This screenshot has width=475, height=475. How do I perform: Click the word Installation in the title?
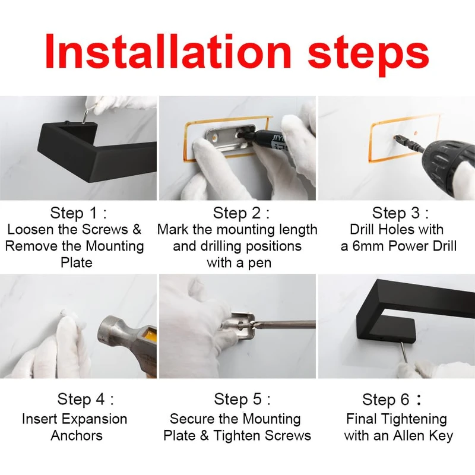pyautogui.click(x=169, y=51)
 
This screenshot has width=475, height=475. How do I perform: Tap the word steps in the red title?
pyautogui.click(x=368, y=55)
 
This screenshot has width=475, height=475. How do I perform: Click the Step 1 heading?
pyautogui.click(x=78, y=213)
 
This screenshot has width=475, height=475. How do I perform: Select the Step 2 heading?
pyautogui.click(x=241, y=213)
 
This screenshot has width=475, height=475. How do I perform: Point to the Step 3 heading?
pyautogui.click(x=400, y=213)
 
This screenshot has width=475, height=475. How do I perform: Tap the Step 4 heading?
pyautogui.click(x=85, y=399)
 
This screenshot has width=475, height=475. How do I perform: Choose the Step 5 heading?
pyautogui.click(x=242, y=399)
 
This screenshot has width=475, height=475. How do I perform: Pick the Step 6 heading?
pyautogui.click(x=392, y=399)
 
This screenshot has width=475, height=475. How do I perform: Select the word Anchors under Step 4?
pyautogui.click(x=77, y=436)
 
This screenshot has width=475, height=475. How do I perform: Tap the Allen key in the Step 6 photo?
pyautogui.click(x=404, y=352)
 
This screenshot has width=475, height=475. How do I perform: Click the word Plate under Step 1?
pyautogui.click(x=77, y=262)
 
